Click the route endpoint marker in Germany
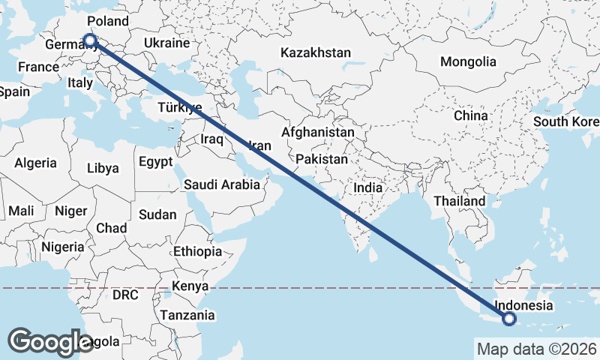90,40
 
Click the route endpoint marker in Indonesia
510,319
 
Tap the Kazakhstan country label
316,53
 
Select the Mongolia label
468,61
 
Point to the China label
470,116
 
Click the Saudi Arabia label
222,184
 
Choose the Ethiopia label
197,251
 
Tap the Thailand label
460,202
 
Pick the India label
368,189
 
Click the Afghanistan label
317,132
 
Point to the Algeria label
36,163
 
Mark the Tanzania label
187,315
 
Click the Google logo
50,341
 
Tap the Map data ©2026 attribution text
536,349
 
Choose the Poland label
108,21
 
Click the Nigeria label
62,247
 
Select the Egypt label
156,161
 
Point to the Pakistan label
322,160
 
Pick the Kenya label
190,286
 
